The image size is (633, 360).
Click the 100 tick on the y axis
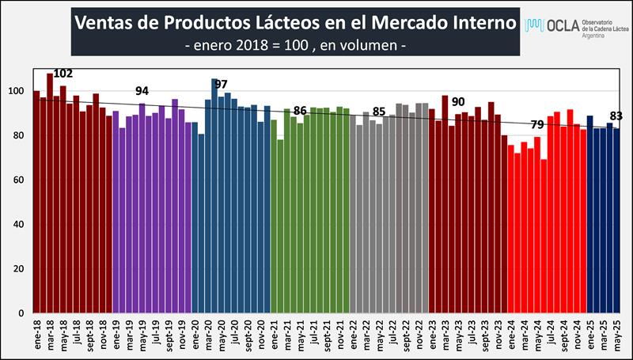21,91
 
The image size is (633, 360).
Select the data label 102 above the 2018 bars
63,74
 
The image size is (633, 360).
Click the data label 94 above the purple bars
142,91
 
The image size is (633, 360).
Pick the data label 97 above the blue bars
221,84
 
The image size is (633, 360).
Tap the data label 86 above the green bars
300,111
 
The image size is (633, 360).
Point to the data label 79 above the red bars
537,125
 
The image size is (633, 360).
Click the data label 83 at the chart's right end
616,116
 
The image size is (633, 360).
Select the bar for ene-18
36,202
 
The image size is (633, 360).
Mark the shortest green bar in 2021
280,226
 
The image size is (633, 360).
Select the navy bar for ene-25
590,214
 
